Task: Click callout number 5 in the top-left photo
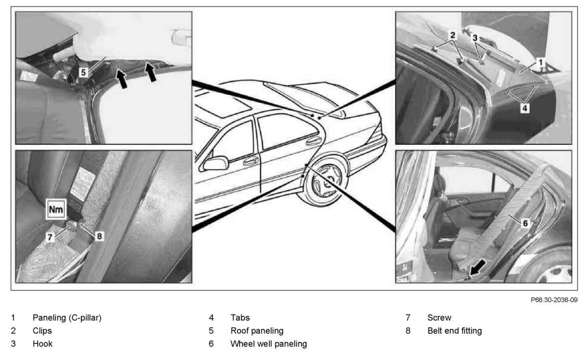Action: [83, 72]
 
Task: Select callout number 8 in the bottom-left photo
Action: [99, 236]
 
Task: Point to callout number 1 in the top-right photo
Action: [540, 63]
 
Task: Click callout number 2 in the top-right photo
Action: [452, 35]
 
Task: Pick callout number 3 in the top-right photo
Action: [474, 37]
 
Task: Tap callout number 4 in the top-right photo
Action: [524, 108]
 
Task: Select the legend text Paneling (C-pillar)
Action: [67, 318]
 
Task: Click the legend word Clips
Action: [42, 331]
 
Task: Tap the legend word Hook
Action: [43, 344]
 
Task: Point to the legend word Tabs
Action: [240, 318]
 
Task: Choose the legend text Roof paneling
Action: [257, 331]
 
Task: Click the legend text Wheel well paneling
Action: [269, 344]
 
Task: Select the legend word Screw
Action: [439, 318]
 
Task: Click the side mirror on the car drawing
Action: [216, 163]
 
